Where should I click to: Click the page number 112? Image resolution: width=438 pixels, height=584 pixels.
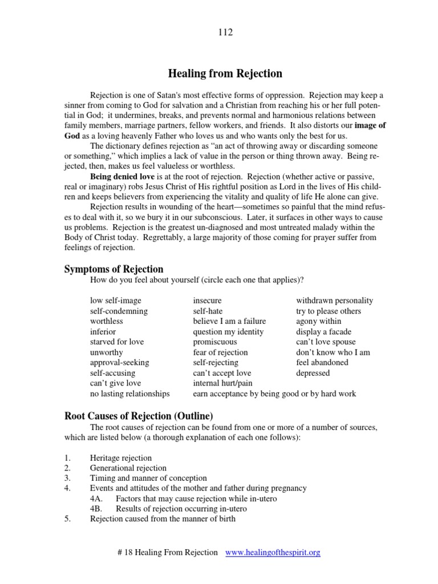point(225,33)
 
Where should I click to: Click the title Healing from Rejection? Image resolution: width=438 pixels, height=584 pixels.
point(225,74)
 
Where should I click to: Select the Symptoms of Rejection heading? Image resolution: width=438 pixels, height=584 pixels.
point(113,269)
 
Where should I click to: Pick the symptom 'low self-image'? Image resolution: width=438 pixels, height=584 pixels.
point(115,301)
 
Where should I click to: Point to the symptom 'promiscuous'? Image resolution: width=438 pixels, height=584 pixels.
point(214,342)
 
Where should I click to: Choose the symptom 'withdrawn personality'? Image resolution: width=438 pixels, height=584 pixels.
point(335,301)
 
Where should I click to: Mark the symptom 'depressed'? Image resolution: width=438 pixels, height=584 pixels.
point(313,373)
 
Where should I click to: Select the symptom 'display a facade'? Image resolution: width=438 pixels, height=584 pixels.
point(323,331)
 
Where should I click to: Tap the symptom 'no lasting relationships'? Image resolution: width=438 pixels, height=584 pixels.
point(129,394)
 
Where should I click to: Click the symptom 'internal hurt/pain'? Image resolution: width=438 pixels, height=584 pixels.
point(222,383)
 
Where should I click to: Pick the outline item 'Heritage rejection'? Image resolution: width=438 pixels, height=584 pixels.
point(121,458)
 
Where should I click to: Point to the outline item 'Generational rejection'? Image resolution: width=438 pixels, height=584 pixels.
point(128,468)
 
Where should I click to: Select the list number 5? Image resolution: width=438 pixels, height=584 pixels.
point(67,519)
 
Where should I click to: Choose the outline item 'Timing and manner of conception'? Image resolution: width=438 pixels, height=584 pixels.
point(148,478)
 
